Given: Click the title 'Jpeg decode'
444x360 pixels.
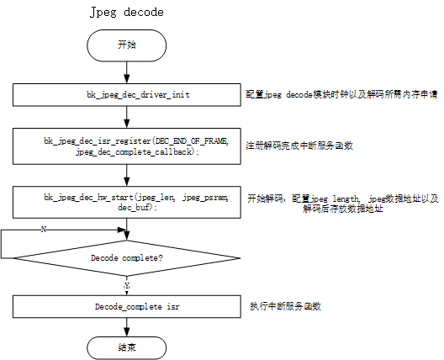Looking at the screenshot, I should (x=126, y=13).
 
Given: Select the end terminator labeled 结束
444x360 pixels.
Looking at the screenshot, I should (x=126, y=344).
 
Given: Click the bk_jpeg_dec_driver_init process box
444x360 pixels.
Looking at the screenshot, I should (x=126, y=94).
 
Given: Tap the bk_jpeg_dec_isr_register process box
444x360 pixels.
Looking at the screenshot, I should (x=126, y=145).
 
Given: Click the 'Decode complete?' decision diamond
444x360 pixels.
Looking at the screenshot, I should (x=126, y=258).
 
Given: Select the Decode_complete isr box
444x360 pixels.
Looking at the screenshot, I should (x=126, y=307).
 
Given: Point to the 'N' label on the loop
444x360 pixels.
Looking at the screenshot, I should (x=42, y=229).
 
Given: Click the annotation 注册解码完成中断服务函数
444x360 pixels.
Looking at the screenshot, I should (x=299, y=146).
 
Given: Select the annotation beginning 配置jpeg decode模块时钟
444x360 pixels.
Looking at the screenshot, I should (x=340, y=96).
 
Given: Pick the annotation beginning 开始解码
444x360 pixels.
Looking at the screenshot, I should (x=341, y=202).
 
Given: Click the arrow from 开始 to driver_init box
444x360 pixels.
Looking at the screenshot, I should (x=126, y=71).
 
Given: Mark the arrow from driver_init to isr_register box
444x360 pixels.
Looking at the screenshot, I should (x=126, y=115).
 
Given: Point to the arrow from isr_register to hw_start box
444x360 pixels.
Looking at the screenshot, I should (x=126, y=175).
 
